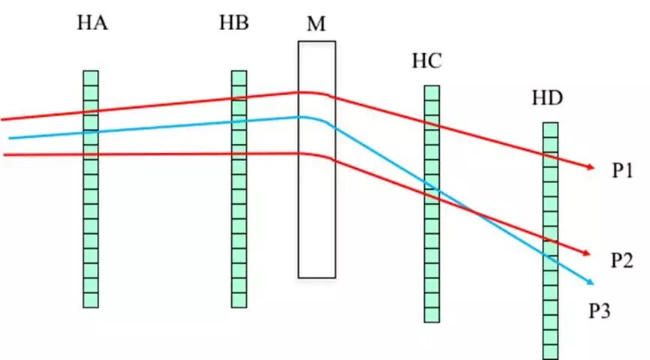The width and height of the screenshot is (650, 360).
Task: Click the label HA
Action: coord(92,23)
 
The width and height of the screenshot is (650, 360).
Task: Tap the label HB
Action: coord(233,23)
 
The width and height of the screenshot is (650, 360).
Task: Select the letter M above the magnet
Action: coord(316,24)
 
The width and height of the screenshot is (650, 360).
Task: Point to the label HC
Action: coord(426,61)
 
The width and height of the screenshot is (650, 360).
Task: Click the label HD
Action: coord(547,98)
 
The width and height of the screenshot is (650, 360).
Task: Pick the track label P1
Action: coord(623,172)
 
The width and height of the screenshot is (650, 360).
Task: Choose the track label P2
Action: coord(623,260)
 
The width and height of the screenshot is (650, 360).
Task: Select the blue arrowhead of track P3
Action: coord(591,282)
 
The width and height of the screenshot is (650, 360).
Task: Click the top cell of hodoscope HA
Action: coord(91,76)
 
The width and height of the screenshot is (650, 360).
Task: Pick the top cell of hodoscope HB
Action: coord(239,76)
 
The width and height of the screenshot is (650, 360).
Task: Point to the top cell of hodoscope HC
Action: coord(432,91)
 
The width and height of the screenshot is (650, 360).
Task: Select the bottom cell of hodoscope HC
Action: coord(432,315)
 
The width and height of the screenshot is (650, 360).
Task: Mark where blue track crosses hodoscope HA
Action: coord(91,132)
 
